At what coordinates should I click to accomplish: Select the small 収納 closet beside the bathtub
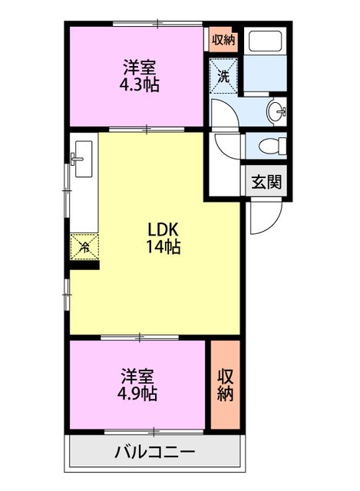pos(223,39)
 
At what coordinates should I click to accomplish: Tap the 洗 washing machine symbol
pos(223,76)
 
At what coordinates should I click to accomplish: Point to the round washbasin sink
pos(276,112)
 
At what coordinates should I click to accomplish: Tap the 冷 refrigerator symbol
pos(84,247)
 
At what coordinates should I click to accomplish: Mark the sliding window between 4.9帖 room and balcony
pos(154,431)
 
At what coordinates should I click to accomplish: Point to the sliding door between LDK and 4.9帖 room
pos(140,337)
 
